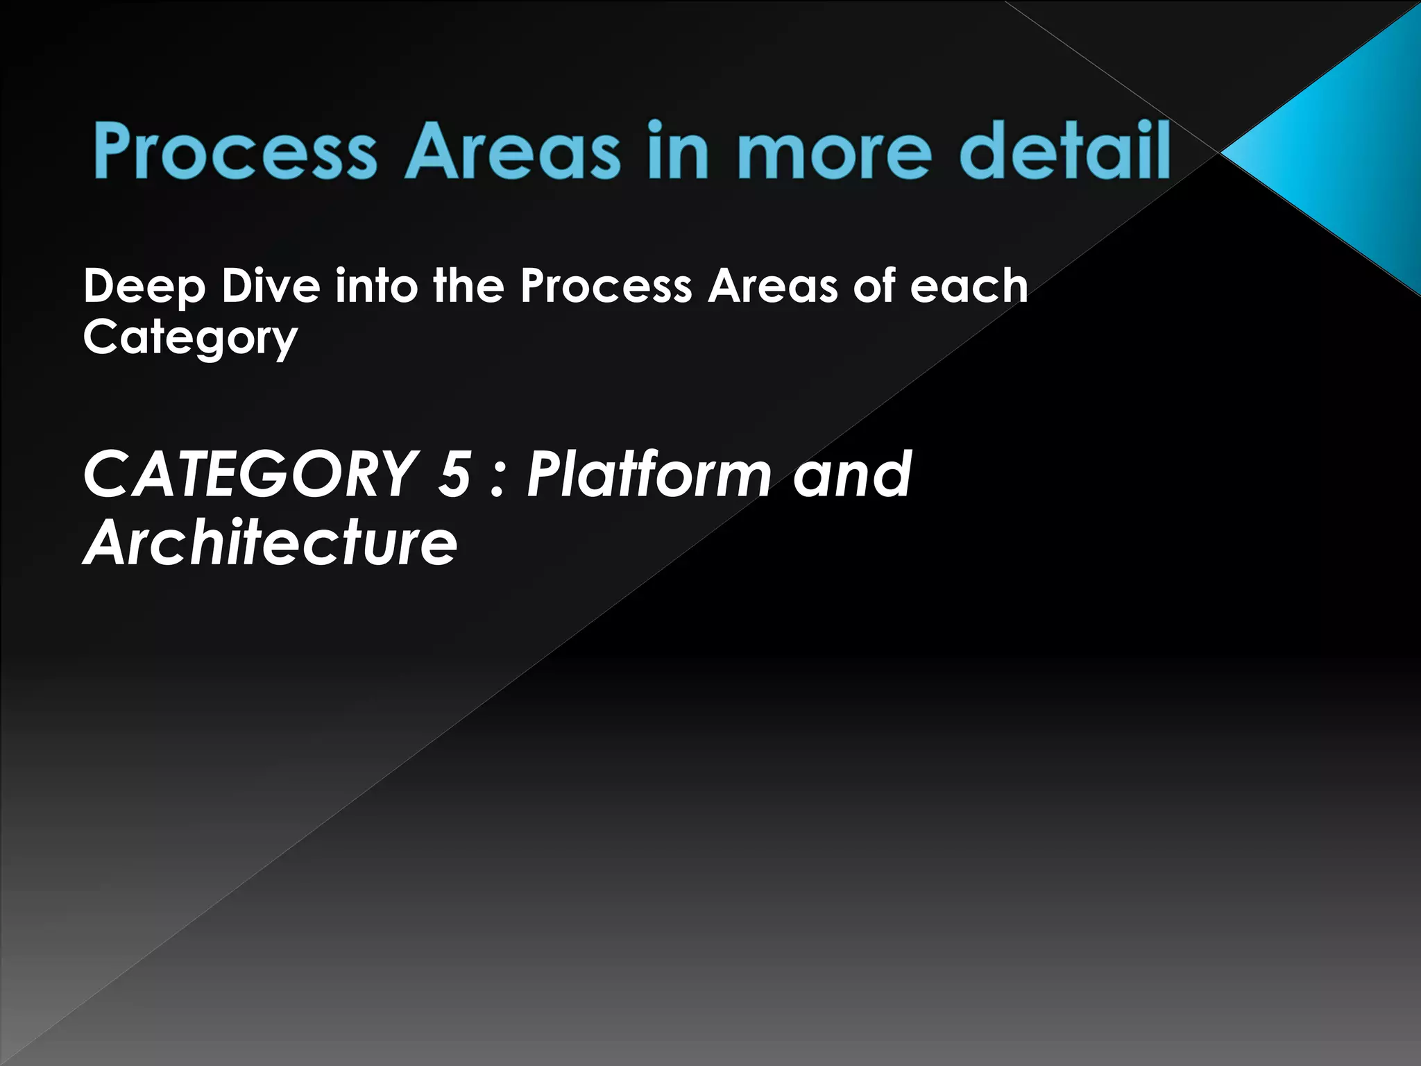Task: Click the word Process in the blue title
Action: pos(235,151)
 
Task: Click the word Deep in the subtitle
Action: pos(144,287)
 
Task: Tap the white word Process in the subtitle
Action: pos(606,287)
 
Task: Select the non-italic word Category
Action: pos(190,339)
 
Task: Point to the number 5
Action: pos(454,475)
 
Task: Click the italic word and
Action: pos(852,475)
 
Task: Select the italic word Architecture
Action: pos(271,542)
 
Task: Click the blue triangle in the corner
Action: pos(1339,153)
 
